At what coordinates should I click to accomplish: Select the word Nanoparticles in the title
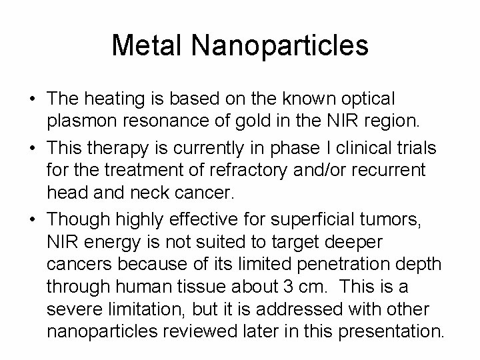coord(279,45)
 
